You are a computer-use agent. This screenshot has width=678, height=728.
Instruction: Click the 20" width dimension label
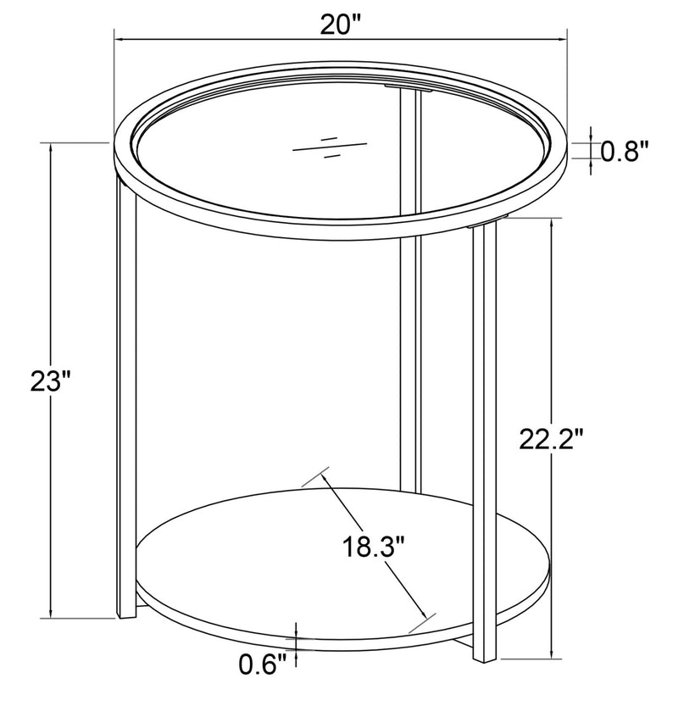341,25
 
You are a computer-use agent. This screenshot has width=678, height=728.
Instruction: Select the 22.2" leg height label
552,439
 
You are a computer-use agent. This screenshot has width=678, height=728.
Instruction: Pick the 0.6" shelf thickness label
264,666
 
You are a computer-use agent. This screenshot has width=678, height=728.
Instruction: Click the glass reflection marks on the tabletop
329,146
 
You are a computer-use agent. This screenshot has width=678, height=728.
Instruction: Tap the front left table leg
125,381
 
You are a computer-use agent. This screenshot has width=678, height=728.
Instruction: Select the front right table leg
484,424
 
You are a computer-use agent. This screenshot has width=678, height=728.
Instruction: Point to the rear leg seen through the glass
410,339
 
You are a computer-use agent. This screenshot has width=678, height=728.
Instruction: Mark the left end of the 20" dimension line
115,38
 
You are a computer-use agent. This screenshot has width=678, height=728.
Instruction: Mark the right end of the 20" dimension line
566,38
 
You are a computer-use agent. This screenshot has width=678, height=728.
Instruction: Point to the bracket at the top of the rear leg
410,86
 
